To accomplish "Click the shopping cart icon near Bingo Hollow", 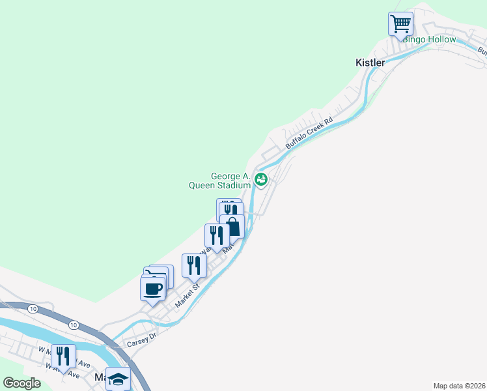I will [401, 24].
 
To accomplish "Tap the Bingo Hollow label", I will [430, 39].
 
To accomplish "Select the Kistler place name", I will [370, 63].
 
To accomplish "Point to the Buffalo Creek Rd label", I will [309, 134].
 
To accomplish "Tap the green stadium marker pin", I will [261, 179].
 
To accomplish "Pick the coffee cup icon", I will [153, 289].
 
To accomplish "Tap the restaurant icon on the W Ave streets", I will [63, 356].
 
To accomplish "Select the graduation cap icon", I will [118, 378].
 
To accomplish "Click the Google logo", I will [21, 383].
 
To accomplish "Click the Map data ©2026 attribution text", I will [459, 385].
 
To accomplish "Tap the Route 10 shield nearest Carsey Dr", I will [74, 325].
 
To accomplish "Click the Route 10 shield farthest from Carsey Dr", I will [33, 308].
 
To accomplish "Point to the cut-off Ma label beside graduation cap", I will [100, 377].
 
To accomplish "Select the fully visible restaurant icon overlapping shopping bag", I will [217, 235].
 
